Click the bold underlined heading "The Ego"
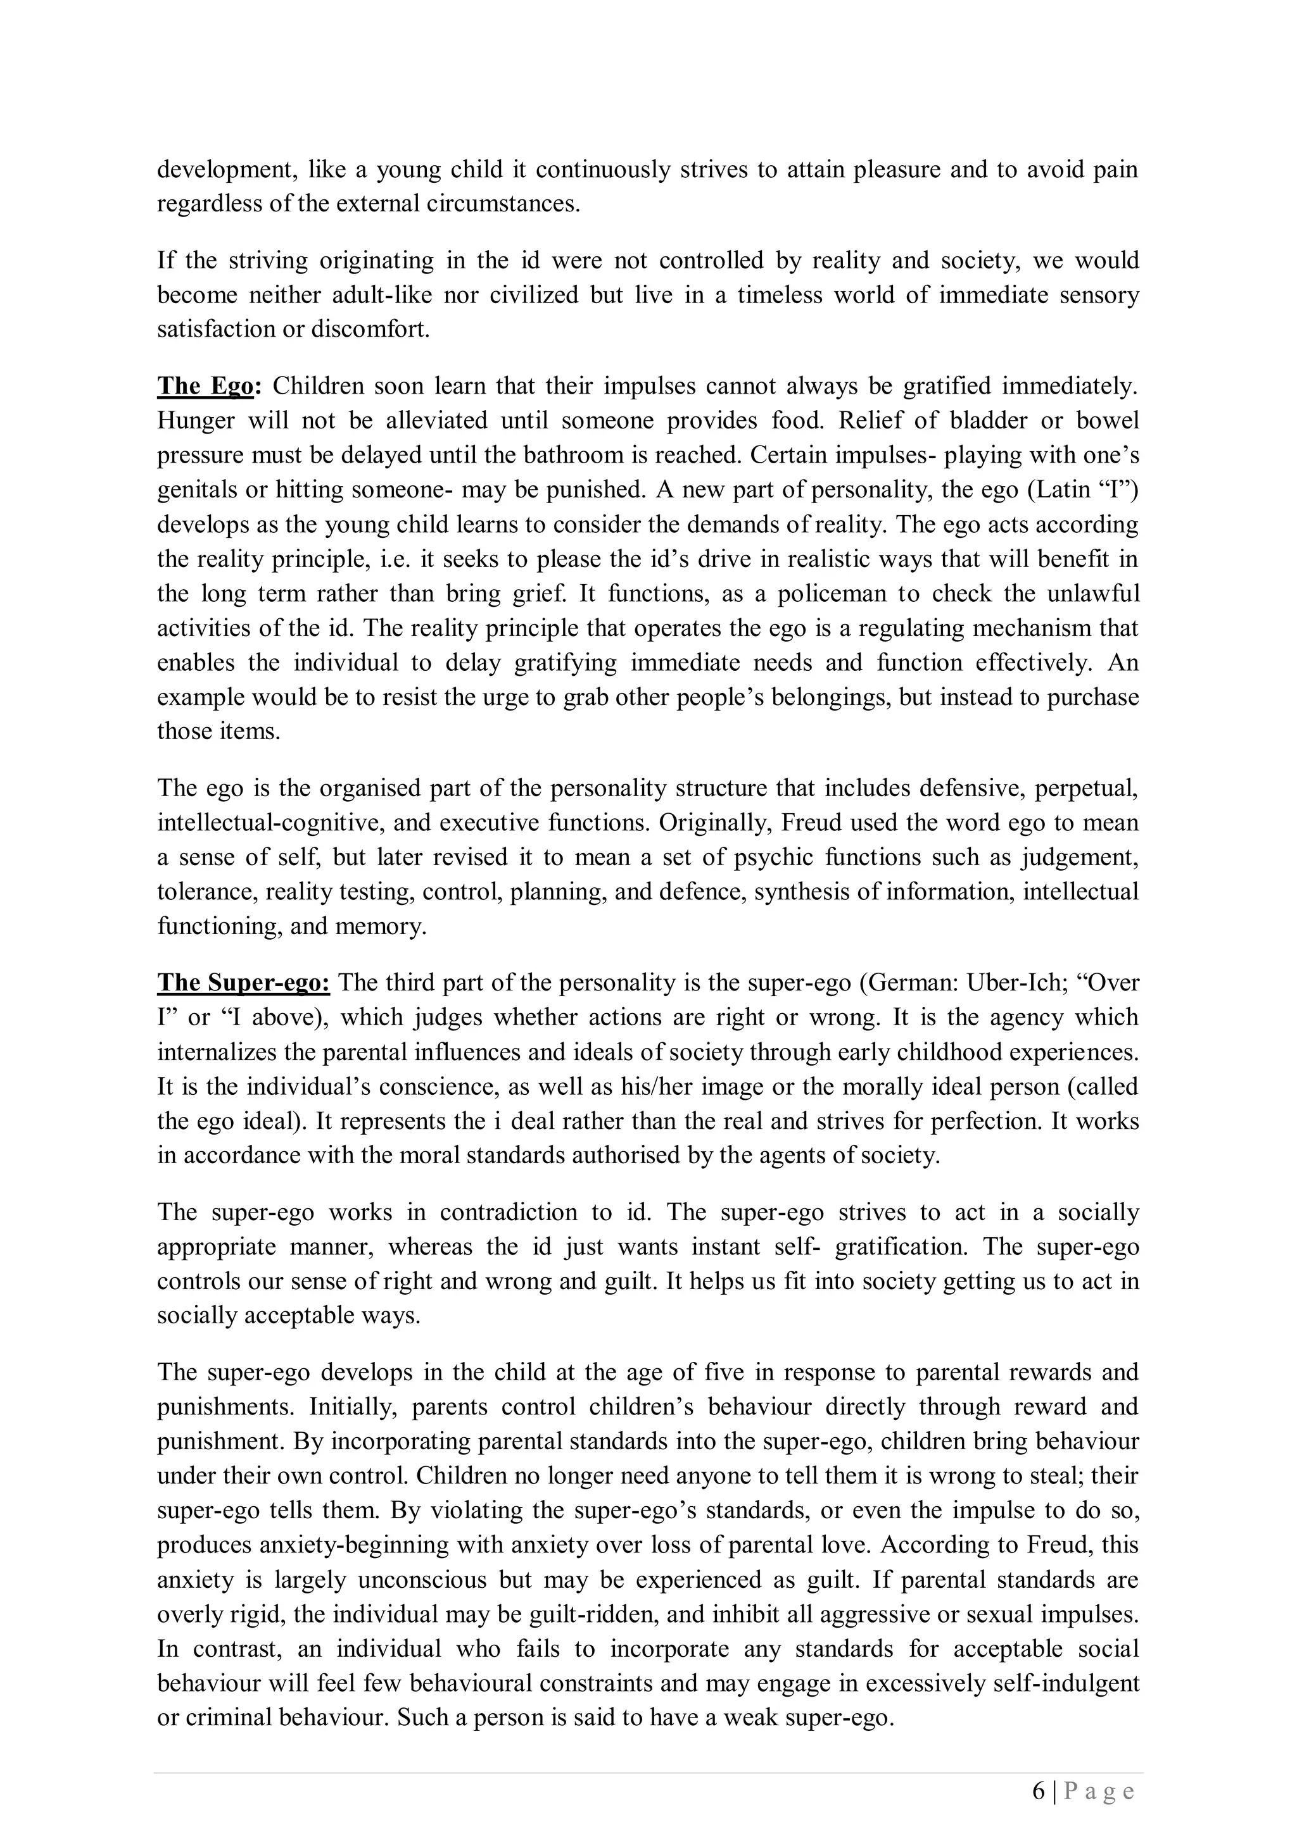[x=205, y=387]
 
